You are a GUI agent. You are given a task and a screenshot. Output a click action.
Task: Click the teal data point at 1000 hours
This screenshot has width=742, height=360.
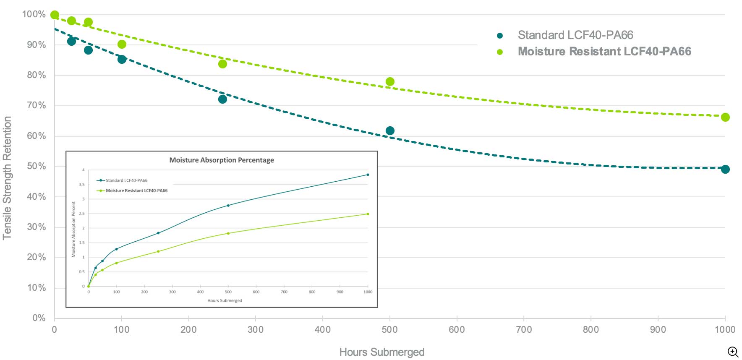725,169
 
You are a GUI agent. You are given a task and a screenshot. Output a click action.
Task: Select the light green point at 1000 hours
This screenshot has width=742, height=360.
725,117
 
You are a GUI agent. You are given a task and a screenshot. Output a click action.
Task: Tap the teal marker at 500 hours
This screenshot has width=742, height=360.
390,130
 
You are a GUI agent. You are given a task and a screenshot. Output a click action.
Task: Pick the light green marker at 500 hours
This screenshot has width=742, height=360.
390,81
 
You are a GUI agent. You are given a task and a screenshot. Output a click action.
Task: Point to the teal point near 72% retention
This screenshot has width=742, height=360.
222,99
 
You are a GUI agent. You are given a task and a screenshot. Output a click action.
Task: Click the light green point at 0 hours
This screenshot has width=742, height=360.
55,15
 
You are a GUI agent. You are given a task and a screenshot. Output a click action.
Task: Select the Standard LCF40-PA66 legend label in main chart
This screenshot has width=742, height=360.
575,35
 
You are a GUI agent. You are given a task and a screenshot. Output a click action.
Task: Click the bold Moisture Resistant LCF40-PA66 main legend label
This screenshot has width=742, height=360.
604,51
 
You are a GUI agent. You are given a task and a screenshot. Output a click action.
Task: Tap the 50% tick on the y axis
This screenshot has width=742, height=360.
37,166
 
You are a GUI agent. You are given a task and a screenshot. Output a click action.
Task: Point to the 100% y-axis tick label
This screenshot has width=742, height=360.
34,14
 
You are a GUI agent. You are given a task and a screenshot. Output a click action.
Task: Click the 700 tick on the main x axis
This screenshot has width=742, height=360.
524,329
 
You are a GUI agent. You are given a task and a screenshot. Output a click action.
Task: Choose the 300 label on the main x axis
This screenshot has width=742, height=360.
256,329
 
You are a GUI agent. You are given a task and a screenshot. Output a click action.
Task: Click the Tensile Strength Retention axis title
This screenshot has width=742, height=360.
7,178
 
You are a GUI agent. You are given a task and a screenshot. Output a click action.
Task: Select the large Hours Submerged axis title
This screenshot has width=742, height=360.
382,352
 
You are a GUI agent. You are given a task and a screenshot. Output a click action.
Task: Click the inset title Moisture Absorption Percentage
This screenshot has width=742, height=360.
222,160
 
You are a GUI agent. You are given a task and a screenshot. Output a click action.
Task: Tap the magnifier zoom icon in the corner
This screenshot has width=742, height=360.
733,352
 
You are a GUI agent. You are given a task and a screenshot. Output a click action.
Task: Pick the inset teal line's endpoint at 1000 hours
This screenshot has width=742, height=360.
368,175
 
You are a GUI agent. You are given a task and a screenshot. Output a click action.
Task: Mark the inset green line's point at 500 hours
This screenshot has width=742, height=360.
228,233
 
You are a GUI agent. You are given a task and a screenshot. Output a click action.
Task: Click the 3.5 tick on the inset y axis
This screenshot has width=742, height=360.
81,185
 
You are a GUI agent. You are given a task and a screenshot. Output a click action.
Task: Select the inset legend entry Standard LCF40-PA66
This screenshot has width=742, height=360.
126,180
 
